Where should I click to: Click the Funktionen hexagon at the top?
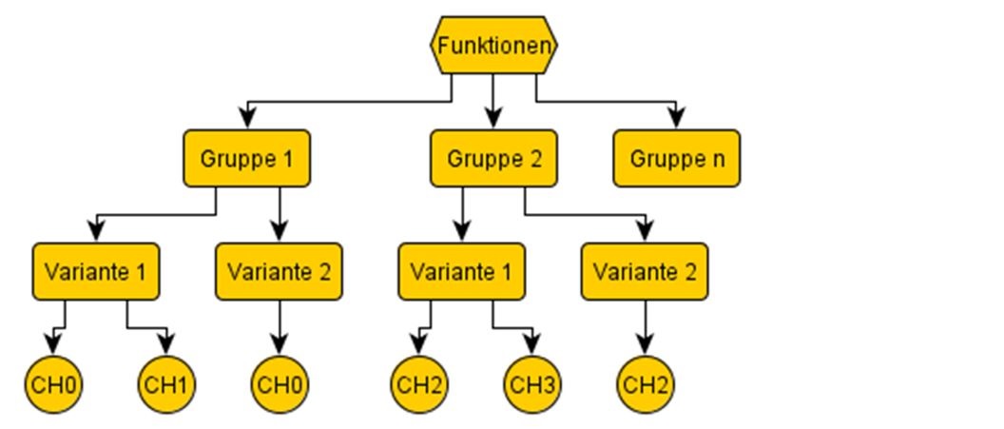493,45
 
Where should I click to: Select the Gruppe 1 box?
246,158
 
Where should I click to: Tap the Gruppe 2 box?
493,158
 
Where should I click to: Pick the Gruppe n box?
676,158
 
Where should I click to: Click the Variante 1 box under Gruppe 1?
95,271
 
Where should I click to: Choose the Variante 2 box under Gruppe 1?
279,271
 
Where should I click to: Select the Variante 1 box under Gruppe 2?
461,271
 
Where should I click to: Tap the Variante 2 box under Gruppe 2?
645,271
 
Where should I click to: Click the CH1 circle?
167,385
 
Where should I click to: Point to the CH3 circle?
532,385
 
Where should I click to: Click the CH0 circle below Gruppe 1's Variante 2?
279,385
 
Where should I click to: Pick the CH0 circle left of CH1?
53,385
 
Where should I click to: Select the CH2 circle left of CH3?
418,385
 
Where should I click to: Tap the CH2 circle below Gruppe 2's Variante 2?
645,385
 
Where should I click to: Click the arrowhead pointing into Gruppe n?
676,118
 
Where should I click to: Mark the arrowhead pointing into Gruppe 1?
247,118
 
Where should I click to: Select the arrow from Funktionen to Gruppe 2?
493,99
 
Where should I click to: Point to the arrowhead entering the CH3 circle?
532,344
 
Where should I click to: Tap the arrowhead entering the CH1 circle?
167,344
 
